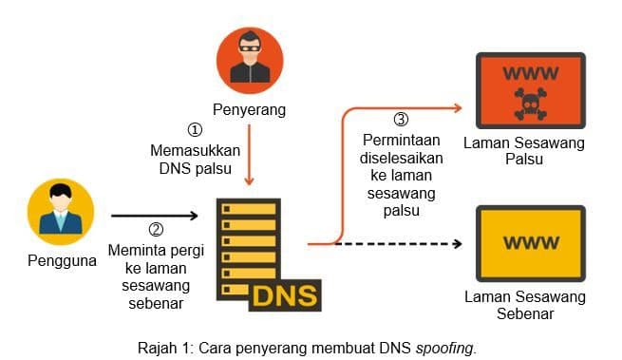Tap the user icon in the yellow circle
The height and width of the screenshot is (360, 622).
[61, 213]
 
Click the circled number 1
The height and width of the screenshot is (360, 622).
[194, 130]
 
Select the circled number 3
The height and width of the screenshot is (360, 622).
[401, 120]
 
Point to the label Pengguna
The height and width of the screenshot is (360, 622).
[62, 260]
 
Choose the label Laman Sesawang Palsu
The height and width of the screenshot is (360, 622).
[524, 151]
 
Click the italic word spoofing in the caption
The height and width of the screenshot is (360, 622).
[445, 347]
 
